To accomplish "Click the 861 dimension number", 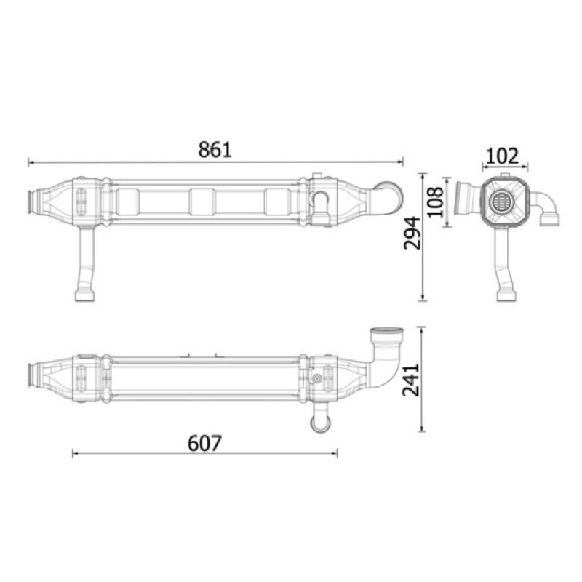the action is pyautogui.click(x=215, y=150).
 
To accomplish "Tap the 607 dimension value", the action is pyautogui.click(x=204, y=443).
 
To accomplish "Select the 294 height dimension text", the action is pyautogui.click(x=412, y=233).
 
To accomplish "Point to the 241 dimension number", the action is pyautogui.click(x=412, y=380).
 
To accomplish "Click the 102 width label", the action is pyautogui.click(x=502, y=156).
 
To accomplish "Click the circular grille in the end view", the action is pyautogui.click(x=501, y=202).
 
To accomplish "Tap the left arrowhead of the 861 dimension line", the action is pyautogui.click(x=31, y=162).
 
